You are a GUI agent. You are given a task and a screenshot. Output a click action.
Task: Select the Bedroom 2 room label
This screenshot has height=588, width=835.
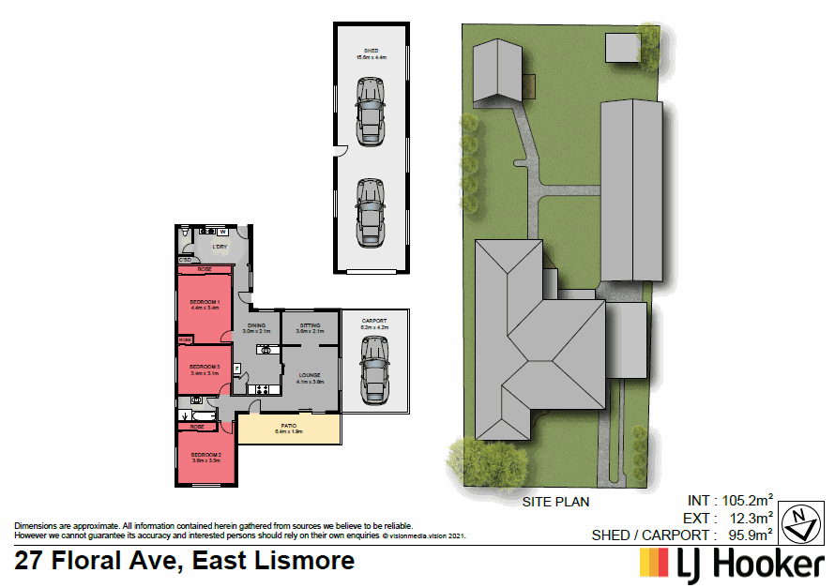pyautogui.click(x=205, y=457)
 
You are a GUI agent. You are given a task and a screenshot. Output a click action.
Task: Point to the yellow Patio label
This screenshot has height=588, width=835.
pyautogui.click(x=288, y=430)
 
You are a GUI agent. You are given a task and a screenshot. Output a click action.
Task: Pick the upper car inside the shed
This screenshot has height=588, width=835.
pyautogui.click(x=371, y=110)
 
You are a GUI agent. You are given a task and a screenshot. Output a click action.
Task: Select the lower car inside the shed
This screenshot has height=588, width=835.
pyautogui.click(x=371, y=212)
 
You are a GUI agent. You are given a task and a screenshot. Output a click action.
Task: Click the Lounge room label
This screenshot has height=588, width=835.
pyautogui.click(x=310, y=377)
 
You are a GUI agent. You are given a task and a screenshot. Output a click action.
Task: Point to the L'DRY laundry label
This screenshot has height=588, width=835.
pyautogui.click(x=220, y=248)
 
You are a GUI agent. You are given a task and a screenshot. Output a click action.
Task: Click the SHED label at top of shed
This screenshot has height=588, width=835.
pyautogui.click(x=371, y=53)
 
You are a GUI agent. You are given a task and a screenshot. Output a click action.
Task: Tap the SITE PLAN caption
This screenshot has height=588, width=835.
pyautogui.click(x=555, y=502)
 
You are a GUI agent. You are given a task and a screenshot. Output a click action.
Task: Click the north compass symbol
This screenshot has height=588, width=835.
pyautogui.click(x=798, y=522)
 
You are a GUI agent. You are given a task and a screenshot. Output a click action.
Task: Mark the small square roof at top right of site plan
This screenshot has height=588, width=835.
pyautogui.click(x=620, y=46)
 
